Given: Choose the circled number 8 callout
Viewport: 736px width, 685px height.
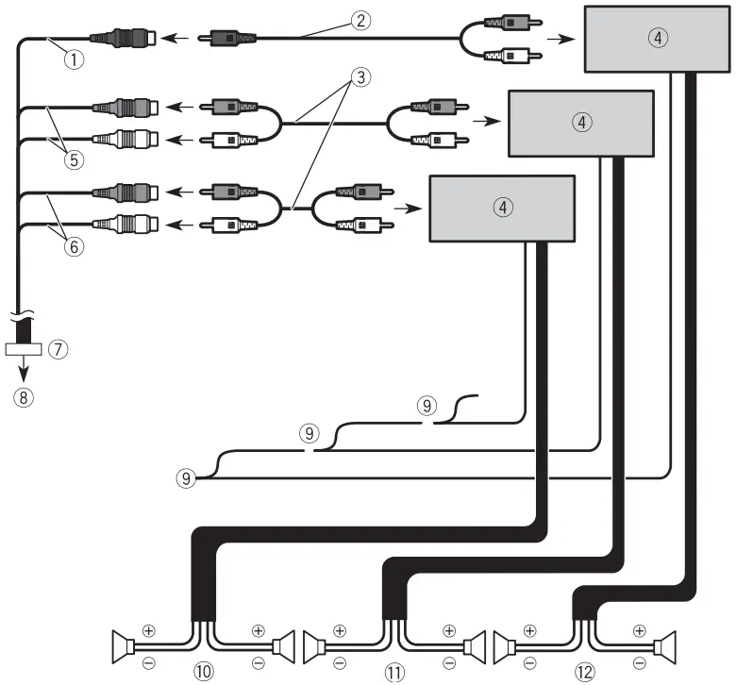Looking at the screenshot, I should pyautogui.click(x=25, y=396).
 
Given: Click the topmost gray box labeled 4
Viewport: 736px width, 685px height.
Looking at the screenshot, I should pyautogui.click(x=659, y=39).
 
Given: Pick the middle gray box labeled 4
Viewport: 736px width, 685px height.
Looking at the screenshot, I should pyautogui.click(x=582, y=123).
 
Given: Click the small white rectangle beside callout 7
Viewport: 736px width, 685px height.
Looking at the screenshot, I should pyautogui.click(x=24, y=348).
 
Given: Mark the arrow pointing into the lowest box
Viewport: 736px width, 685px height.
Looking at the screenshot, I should pyautogui.click(x=407, y=208).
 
